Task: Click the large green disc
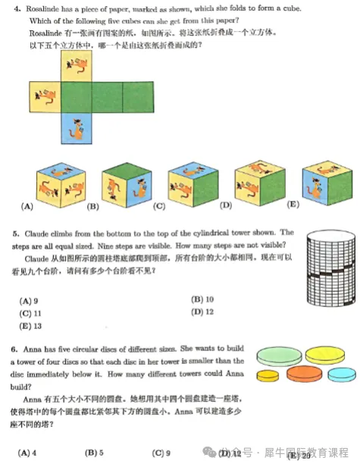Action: pos(280,354)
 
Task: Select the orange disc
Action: pos(306,372)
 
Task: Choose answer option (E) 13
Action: pos(30,325)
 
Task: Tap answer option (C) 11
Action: pos(30,312)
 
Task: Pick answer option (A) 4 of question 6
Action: pos(28,453)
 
